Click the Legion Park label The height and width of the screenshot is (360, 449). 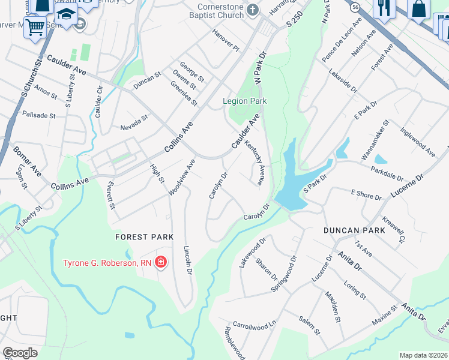pos(245,101)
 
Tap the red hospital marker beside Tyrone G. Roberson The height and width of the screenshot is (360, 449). pos(160,262)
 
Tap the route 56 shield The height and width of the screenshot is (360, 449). pos(355,6)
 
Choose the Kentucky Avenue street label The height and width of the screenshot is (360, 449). pos(255,164)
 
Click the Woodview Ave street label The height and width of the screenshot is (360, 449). pos(182,176)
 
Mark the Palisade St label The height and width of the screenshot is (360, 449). pos(38,115)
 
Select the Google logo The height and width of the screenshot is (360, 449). pos(20,353)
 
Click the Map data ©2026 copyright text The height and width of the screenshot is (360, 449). pos(423,355)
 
